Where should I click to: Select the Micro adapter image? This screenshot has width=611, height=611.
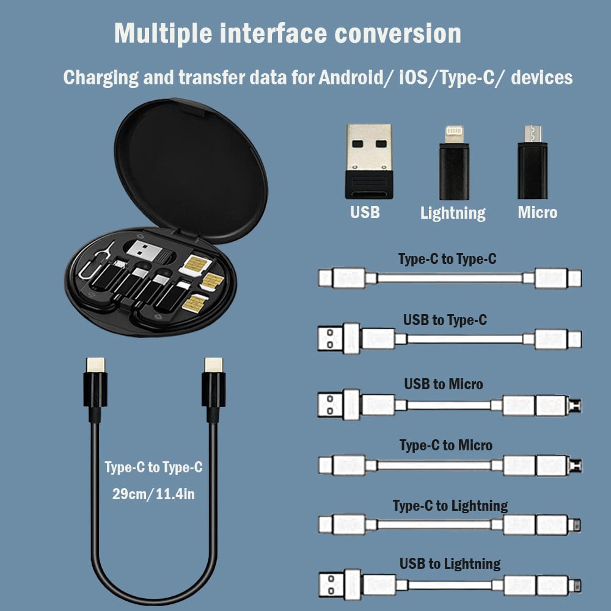[x=532, y=162]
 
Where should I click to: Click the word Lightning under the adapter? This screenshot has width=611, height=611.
[x=453, y=213]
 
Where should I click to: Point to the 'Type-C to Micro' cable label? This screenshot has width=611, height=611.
[x=446, y=445]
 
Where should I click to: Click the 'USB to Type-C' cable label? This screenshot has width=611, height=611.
[x=445, y=320]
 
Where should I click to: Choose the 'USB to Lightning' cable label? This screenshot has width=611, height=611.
[x=450, y=563]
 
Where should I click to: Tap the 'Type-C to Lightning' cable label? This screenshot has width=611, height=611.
[x=450, y=506]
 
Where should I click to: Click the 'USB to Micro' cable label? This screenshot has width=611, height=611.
[x=444, y=384]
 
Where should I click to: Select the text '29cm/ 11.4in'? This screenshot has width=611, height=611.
[x=153, y=494]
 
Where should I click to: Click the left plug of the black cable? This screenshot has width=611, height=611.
[x=95, y=385]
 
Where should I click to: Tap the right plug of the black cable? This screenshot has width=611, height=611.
[x=213, y=385]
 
